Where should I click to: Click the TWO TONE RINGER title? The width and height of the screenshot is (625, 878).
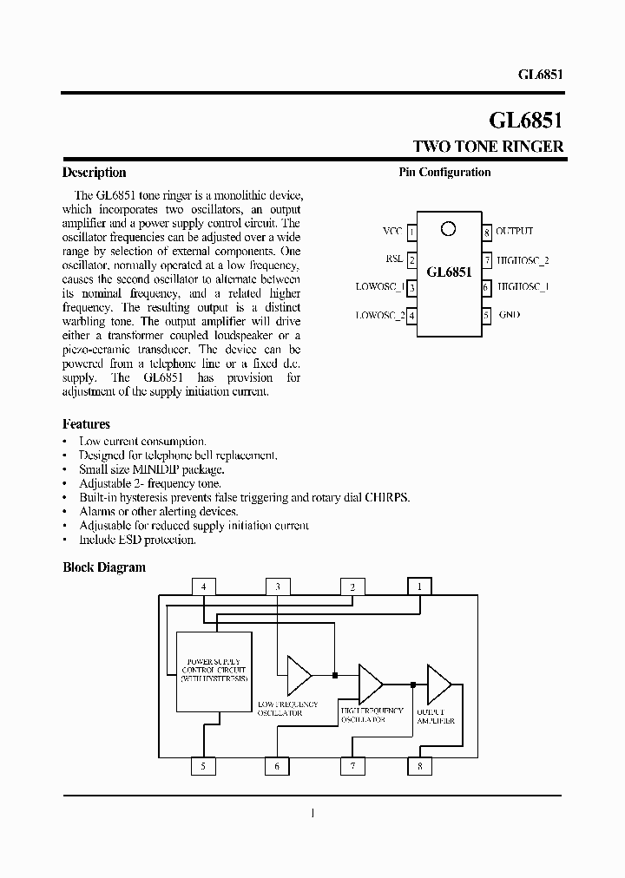(487, 147)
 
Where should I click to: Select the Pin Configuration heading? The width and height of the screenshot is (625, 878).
(444, 173)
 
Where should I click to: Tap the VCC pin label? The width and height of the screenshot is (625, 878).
(392, 232)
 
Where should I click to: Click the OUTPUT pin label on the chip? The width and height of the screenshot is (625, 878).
(514, 232)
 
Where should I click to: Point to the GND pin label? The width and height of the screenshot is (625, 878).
(509, 315)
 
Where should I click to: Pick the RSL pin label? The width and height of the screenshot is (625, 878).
(394, 259)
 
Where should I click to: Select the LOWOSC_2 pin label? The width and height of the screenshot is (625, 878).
(379, 316)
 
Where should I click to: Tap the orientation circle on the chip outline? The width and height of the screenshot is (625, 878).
(448, 229)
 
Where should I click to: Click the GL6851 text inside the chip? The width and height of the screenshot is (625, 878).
(449, 272)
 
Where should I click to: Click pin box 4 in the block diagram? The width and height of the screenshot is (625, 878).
(204, 586)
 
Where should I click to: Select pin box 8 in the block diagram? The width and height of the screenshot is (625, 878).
(419, 766)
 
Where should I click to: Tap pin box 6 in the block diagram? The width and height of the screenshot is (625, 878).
(277, 766)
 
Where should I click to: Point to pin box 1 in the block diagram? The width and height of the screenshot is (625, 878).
(419, 586)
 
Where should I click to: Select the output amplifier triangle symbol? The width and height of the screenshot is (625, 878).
(437, 682)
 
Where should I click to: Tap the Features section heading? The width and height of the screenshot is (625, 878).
(86, 424)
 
